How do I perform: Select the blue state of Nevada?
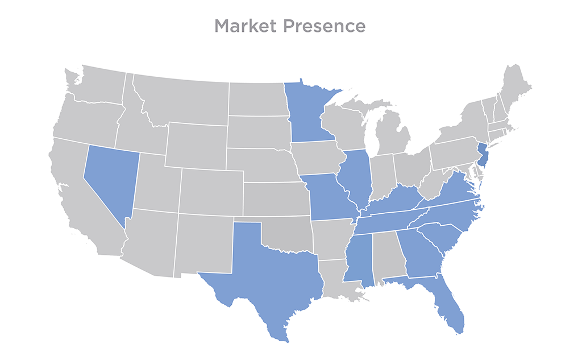click(x=112, y=176)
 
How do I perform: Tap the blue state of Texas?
click(x=267, y=279)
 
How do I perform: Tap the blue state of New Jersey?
click(x=483, y=155)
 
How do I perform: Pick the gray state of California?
click(x=80, y=205)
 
